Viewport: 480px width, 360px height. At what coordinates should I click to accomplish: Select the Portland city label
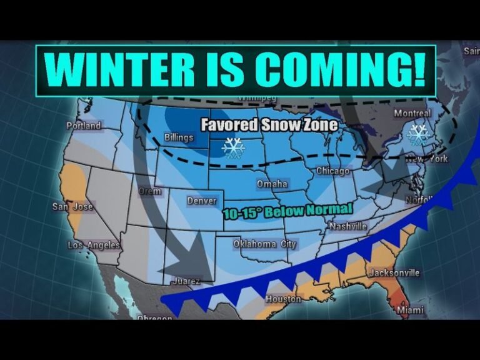pos(84,126)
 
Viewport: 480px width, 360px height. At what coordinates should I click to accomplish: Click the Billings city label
pos(179,137)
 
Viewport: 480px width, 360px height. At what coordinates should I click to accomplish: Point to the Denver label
pos(202,201)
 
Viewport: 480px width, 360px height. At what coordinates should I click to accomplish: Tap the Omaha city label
pos(272,184)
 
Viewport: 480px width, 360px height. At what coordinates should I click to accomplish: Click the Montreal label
pos(412,114)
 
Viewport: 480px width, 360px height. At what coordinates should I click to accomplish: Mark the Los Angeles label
pos(94,246)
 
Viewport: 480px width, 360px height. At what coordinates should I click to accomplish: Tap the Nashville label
pos(347,226)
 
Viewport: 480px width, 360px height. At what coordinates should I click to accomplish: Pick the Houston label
pos(283,299)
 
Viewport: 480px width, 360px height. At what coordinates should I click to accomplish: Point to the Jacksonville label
pos(394,273)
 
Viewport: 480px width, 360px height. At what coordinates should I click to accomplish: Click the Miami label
pos(409,310)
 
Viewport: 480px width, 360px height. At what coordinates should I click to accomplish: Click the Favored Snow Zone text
pos(269,125)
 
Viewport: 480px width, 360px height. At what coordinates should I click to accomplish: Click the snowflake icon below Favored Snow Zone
pos(234,147)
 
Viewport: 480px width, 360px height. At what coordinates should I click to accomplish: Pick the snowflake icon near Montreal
pos(417,134)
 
